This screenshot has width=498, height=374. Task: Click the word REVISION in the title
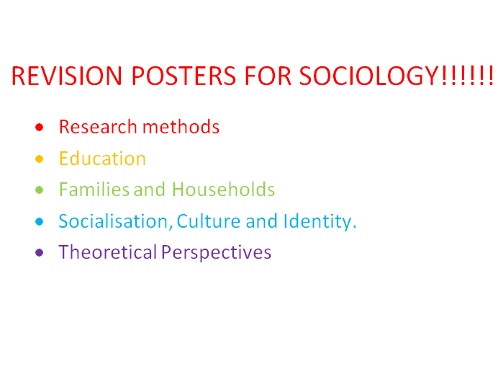67,76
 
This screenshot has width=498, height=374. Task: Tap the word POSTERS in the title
184,76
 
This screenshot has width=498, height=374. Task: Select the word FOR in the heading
268,76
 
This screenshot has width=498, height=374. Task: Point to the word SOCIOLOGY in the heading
369,76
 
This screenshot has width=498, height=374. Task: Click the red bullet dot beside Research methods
39,128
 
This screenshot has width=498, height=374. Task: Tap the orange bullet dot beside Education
39,159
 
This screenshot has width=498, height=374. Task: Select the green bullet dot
39,190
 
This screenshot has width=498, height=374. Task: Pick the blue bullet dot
39,221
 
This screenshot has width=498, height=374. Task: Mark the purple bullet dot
39,253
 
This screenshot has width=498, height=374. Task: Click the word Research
98,127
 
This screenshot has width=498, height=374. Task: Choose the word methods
181,127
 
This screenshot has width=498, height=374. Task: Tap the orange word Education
102,158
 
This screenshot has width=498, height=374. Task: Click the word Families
94,190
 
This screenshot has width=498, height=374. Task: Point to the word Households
223,190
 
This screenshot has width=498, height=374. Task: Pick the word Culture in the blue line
209,221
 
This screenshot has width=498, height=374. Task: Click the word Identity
320,221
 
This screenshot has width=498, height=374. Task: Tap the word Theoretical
108,252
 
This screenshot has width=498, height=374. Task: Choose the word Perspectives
217,253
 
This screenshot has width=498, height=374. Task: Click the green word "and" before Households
150,190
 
